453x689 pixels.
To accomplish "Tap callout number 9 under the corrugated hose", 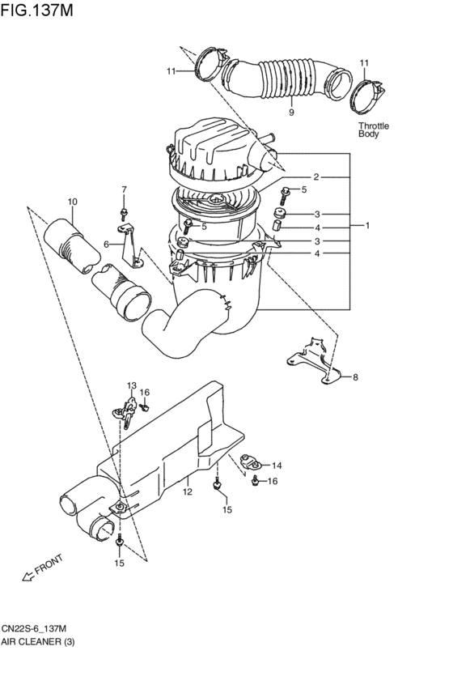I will (290, 113).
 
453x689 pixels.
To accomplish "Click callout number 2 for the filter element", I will (316, 177).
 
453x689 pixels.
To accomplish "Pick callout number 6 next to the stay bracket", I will (106, 243).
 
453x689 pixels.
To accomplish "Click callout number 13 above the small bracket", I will (131, 385).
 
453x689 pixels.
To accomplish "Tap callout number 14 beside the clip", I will (277, 465).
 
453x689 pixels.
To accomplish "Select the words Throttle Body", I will (373, 130).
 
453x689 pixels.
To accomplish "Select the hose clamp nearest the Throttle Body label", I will (366, 96).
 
